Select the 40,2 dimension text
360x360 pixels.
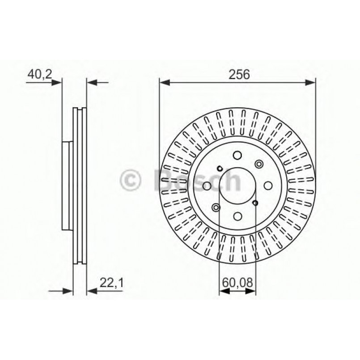point(38,74)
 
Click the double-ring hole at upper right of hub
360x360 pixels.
point(259,164)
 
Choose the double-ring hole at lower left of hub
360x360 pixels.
point(216,207)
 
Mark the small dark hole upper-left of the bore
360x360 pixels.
point(219,168)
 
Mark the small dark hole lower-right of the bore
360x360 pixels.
point(255,203)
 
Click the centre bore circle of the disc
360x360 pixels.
point(237,186)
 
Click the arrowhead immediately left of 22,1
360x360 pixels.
point(92,291)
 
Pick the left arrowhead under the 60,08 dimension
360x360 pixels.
point(224,291)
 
